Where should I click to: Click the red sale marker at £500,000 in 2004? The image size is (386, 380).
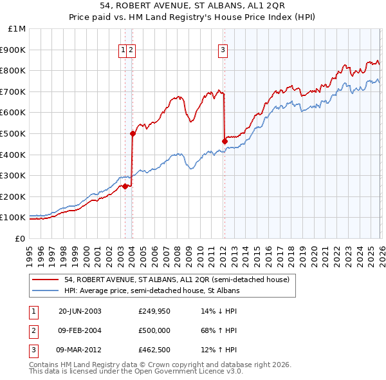click(133, 133)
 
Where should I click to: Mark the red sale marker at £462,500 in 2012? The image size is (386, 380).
click(225, 141)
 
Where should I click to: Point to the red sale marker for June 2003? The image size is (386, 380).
click(125, 186)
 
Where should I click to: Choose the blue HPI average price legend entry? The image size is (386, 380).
click(151, 290)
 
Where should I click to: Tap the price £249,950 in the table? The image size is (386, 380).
click(154, 310)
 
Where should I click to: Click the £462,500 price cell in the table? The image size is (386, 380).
click(154, 350)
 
